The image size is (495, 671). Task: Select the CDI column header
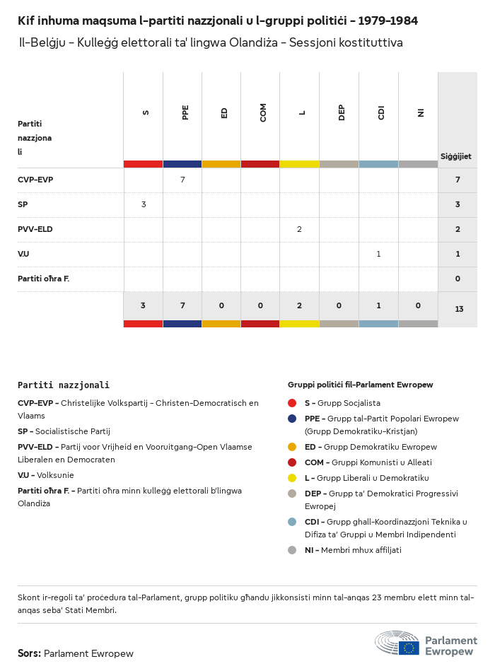click(x=381, y=113)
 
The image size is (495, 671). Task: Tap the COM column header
click(x=263, y=113)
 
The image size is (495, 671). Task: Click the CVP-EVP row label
click(x=35, y=180)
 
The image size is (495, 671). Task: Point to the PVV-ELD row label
click(x=35, y=229)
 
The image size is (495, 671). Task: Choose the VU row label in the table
click(x=23, y=254)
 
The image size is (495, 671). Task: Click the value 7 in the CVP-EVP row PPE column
click(x=182, y=180)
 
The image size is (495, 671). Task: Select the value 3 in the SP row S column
click(x=144, y=204)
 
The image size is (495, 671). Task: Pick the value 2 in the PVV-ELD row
click(x=300, y=229)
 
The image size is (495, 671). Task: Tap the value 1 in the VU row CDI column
click(x=378, y=254)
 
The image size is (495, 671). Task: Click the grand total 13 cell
click(x=459, y=309)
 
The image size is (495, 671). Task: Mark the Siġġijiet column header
click(x=456, y=156)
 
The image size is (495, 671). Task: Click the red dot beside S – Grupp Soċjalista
click(x=292, y=403)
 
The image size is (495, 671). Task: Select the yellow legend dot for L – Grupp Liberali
click(x=292, y=478)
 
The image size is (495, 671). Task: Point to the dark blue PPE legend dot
click(x=292, y=419)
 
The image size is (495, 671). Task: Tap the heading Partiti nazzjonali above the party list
click(x=64, y=385)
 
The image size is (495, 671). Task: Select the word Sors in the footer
click(x=29, y=653)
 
